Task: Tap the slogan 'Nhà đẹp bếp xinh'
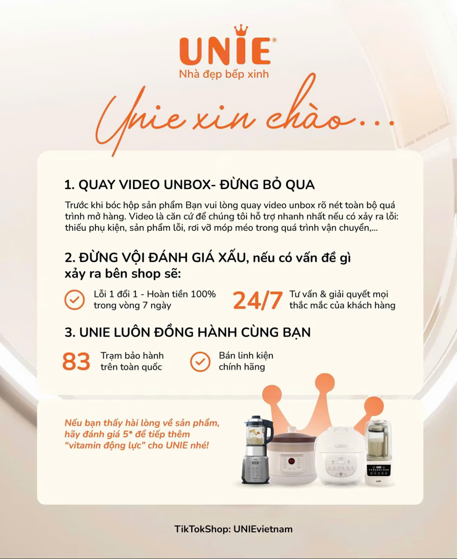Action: pos(224,74)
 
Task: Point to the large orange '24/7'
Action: pos(258,300)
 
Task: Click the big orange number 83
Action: pos(76,361)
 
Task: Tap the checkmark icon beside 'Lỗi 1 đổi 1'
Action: pos(74,300)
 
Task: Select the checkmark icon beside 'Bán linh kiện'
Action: pos(200,362)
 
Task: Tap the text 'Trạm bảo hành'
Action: pos(132,356)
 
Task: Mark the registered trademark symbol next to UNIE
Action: pos(274,40)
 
